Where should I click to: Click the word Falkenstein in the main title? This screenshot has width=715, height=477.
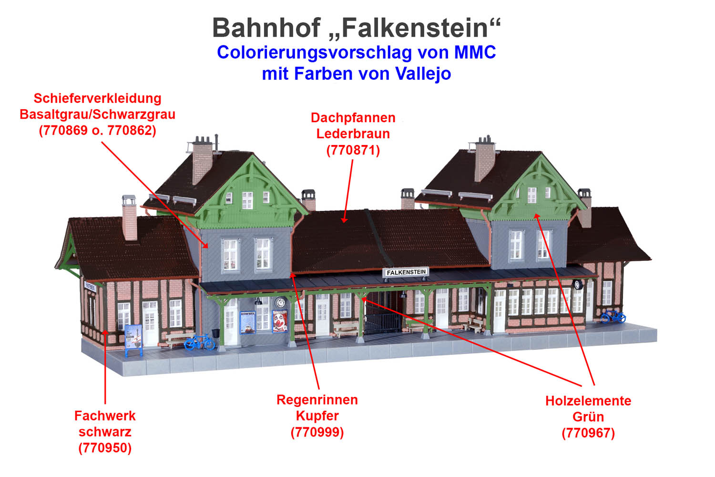[415, 28]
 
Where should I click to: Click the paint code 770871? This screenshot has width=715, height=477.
[353, 150]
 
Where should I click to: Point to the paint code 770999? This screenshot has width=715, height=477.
[317, 432]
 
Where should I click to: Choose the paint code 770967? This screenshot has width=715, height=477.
[588, 433]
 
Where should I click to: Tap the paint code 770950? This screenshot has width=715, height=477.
[105, 448]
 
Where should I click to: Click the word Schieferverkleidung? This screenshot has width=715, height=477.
[97, 98]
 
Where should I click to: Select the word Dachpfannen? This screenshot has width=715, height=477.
[353, 117]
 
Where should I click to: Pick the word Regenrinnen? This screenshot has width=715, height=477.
[317, 400]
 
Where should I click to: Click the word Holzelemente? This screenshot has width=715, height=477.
[588, 401]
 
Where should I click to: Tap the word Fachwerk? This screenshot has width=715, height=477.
[105, 416]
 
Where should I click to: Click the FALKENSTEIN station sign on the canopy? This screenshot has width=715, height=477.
[406, 272]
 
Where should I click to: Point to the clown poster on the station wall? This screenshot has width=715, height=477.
[280, 321]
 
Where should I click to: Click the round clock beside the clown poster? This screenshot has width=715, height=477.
[280, 302]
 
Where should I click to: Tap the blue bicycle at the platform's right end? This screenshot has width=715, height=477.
[613, 316]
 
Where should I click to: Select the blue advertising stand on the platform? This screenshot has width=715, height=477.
[133, 340]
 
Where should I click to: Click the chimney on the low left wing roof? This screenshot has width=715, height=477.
[129, 218]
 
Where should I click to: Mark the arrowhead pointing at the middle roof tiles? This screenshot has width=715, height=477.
[344, 219]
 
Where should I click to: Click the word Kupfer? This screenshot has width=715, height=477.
[317, 416]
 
